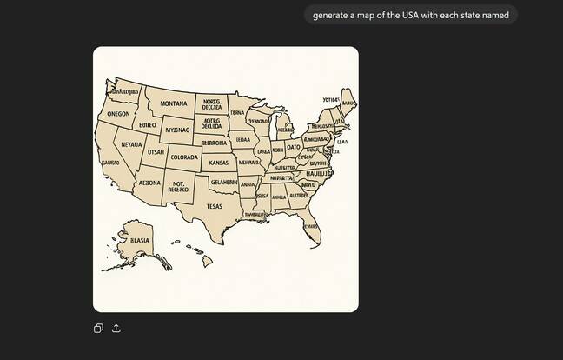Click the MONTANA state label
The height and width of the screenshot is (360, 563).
[173, 103]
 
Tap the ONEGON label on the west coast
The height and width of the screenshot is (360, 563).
[118, 114]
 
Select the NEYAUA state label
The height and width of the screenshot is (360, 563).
[130, 145]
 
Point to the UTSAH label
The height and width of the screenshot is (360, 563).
[156, 152]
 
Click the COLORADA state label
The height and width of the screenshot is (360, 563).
[184, 157]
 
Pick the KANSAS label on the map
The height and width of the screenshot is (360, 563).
[218, 163]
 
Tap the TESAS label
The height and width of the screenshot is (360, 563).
[214, 206]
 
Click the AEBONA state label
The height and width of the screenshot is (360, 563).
[150, 183]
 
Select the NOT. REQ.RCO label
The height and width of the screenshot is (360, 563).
[179, 187]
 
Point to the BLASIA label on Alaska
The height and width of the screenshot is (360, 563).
[139, 240]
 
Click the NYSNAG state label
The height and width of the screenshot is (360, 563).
[177, 130]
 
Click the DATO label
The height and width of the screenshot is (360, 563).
[293, 147]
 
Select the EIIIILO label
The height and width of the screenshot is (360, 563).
[147, 125]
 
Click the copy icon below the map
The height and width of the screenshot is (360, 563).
[99, 328]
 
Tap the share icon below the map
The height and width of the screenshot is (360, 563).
[116, 328]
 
